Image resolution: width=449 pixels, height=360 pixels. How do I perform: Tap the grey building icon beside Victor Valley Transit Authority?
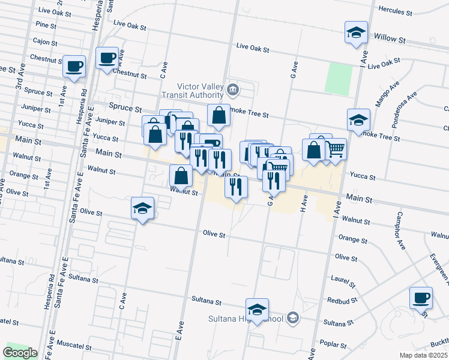click(x=234, y=91)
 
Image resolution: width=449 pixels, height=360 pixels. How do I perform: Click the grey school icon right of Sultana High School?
click(x=293, y=317)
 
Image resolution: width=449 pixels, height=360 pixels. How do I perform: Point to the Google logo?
click(x=20, y=353)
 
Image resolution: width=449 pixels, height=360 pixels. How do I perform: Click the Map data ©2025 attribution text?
click(x=423, y=355)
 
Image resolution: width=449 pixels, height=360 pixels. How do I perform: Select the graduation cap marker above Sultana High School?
click(x=257, y=310)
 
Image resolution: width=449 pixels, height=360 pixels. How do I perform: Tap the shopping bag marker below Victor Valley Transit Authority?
click(x=218, y=115)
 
